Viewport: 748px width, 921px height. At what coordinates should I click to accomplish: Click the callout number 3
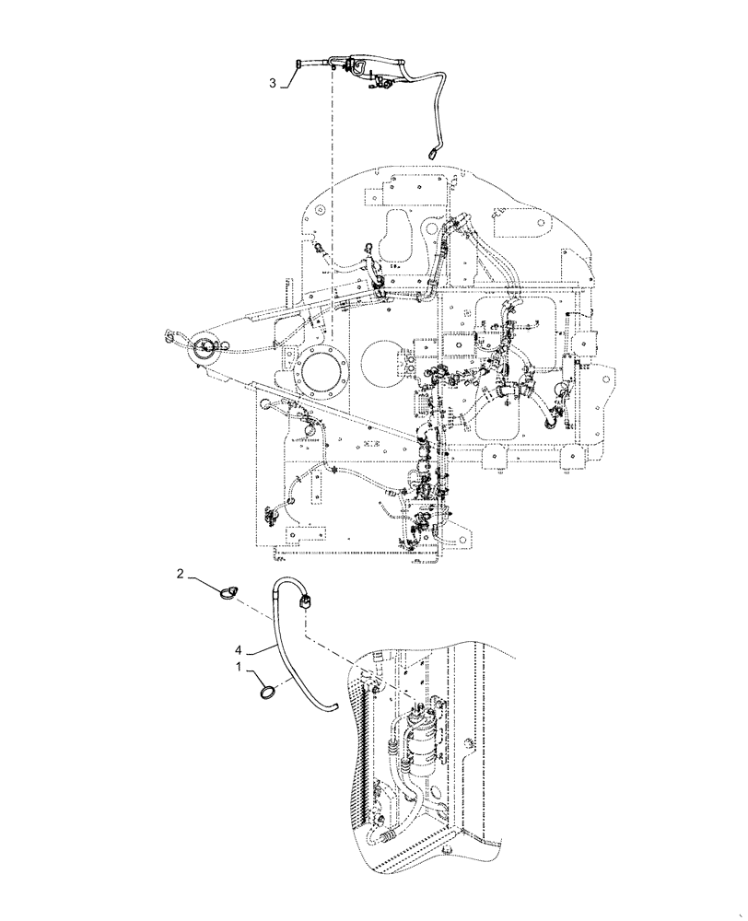pos(273,83)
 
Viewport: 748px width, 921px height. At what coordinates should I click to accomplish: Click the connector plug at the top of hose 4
pos(307,604)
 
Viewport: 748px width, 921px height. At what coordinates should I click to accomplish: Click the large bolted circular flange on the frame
pos(320,379)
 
